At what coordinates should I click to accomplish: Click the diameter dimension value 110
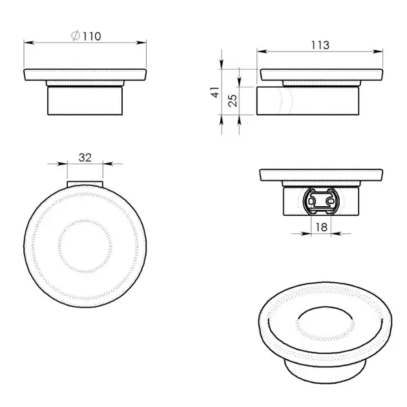point(91,37)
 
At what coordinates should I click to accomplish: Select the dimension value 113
point(320,45)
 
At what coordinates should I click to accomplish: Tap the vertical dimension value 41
point(216,93)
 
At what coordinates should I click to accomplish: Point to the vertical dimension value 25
point(233,101)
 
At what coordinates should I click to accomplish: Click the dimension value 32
point(85,157)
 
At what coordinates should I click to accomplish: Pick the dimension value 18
point(321,227)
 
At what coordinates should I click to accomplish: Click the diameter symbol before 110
point(76,37)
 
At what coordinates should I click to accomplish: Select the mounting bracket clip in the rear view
point(321,201)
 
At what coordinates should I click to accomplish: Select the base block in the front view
point(85,101)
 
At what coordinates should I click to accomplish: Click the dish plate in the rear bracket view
point(320,174)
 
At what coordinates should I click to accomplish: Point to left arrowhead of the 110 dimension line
point(27,43)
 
